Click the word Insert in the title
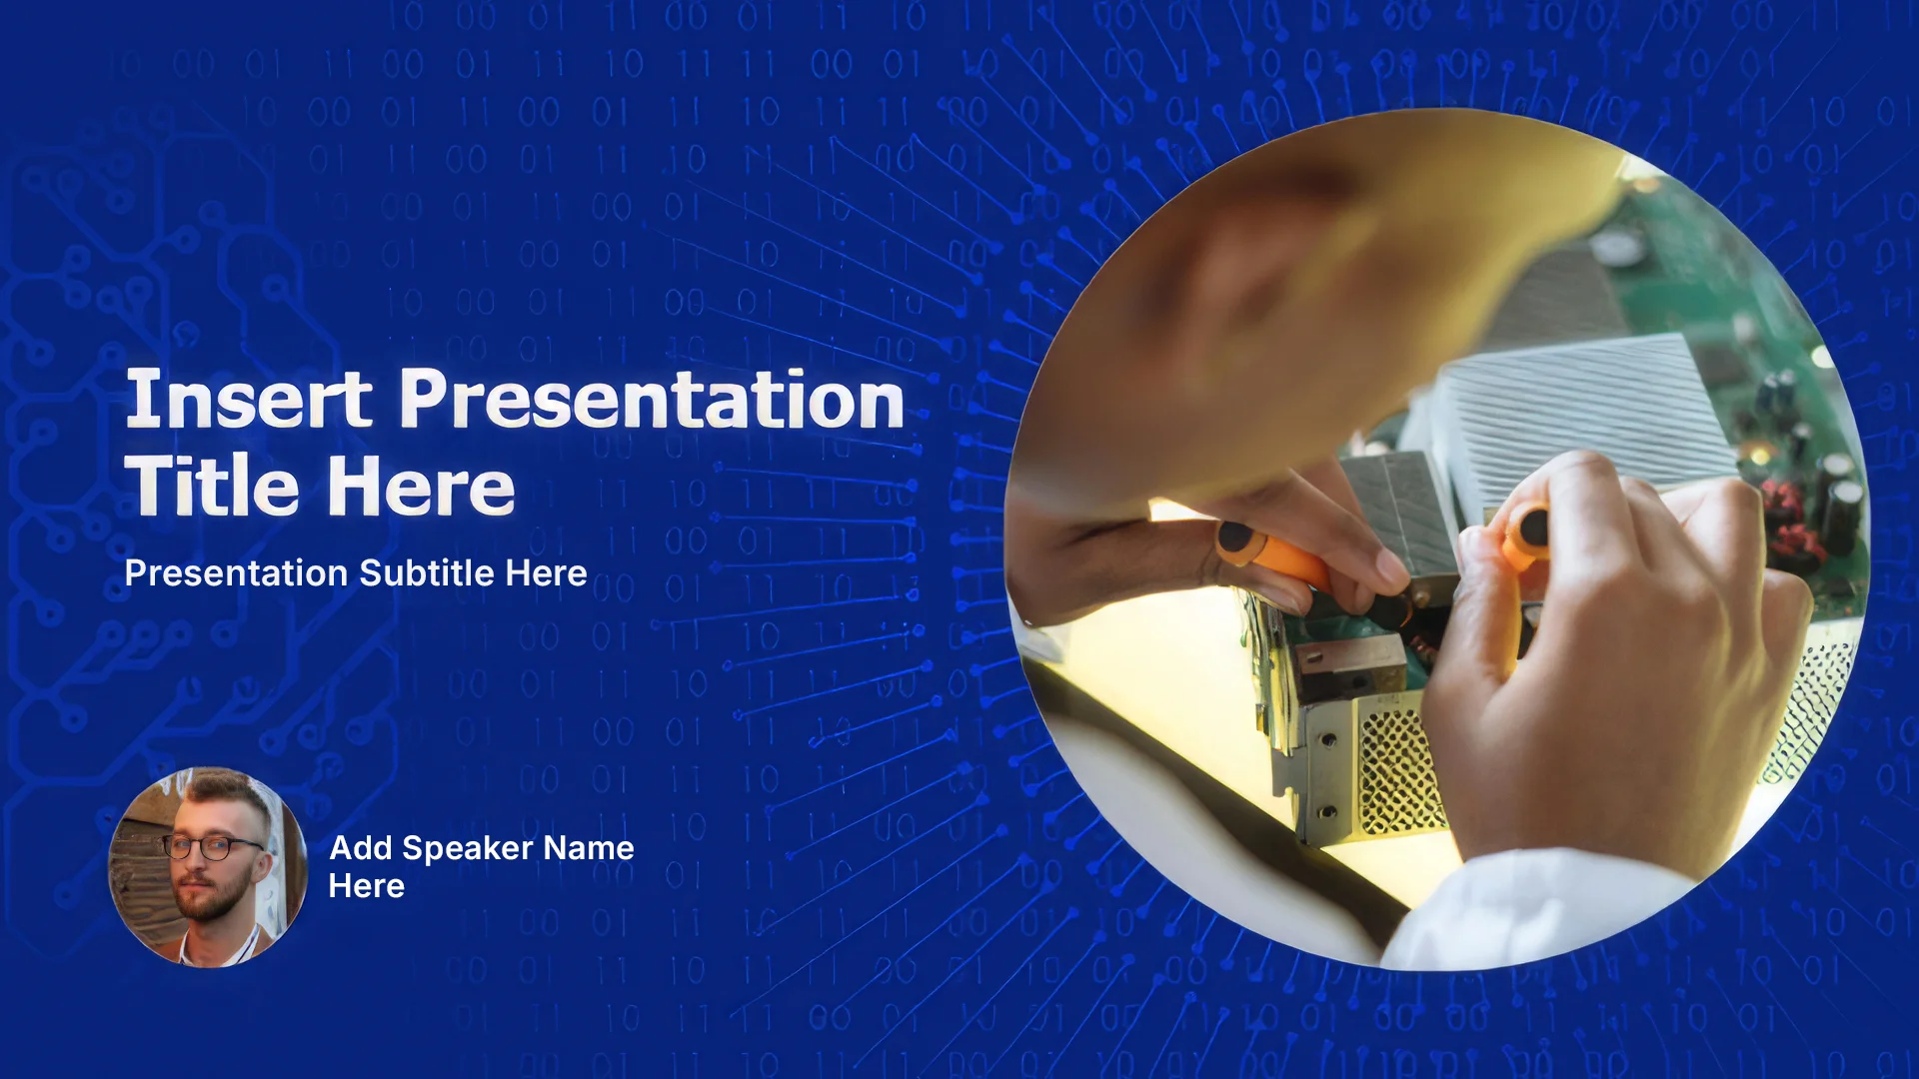pos(249,399)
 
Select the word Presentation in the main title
pos(652,399)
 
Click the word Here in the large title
pos(421,486)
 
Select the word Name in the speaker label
pos(590,848)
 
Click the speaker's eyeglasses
pos(213,848)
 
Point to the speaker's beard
pos(212,895)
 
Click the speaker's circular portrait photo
pos(208,867)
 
